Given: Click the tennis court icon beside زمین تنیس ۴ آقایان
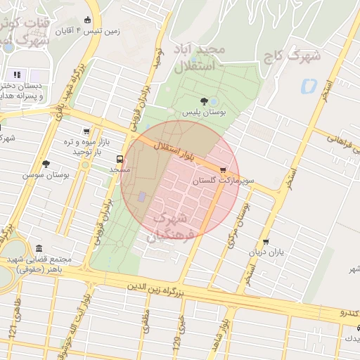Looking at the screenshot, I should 87,20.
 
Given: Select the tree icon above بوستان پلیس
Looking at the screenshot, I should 204,101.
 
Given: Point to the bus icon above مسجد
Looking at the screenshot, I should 120,159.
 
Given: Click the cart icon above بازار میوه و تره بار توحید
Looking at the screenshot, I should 86,131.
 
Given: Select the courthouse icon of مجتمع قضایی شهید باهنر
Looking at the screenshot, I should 37,249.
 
